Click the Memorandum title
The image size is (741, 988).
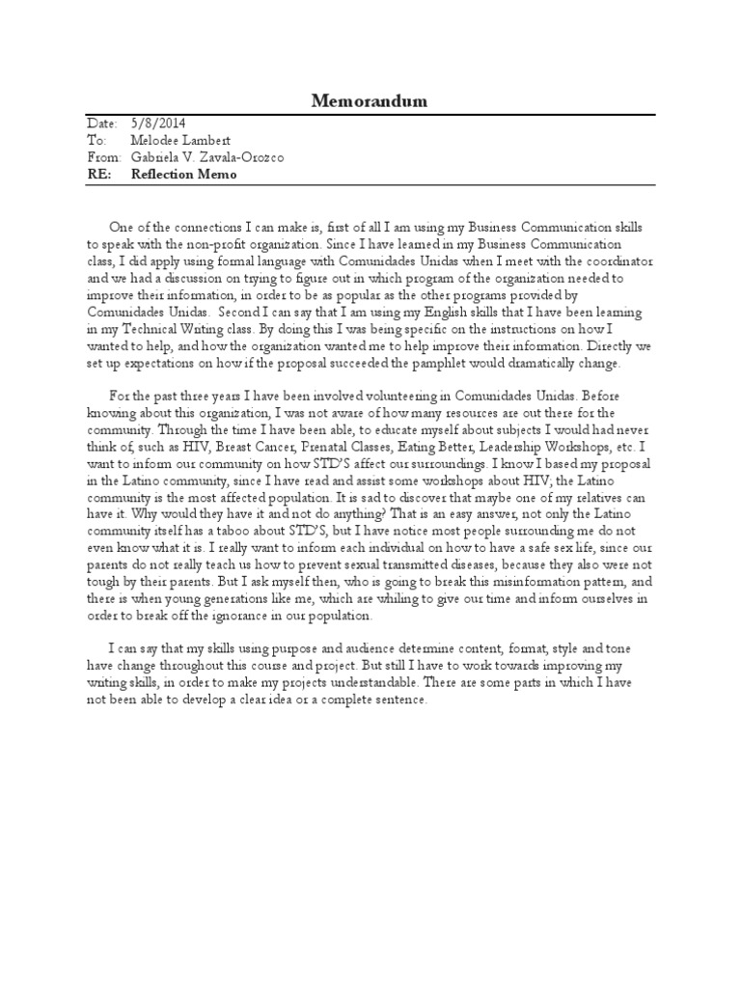370,101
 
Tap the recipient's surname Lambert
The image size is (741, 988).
203,141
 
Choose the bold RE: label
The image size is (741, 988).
99,175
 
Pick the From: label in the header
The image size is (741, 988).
104,157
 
